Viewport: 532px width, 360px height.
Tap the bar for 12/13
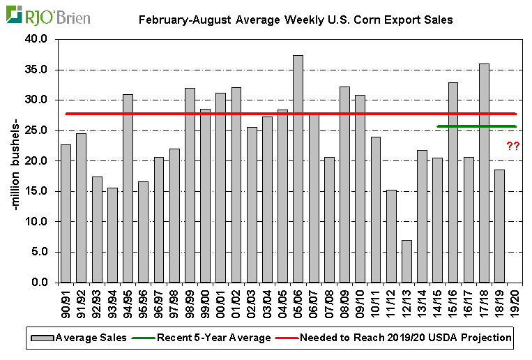coord(406,261)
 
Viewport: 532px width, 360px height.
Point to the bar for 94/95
coord(128,188)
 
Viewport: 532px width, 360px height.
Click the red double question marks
coord(513,147)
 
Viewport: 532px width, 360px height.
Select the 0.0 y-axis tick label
coord(38,283)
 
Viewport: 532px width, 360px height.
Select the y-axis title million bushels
coord(15,161)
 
